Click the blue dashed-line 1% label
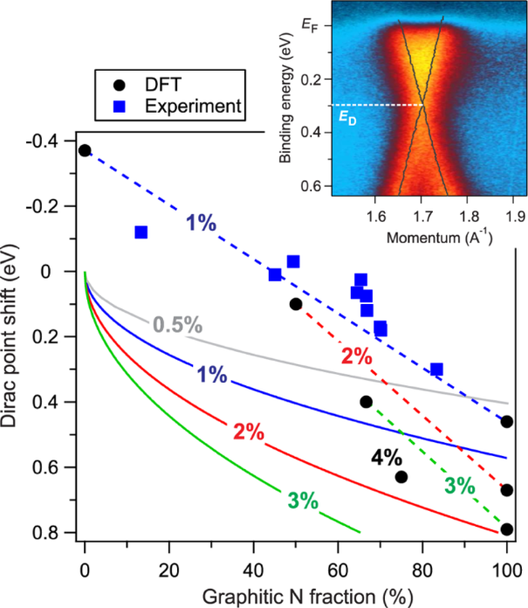202,222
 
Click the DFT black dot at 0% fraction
85,150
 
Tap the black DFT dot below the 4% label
401,477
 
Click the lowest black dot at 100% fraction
507,529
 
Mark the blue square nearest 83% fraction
436,370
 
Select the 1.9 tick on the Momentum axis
514,215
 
